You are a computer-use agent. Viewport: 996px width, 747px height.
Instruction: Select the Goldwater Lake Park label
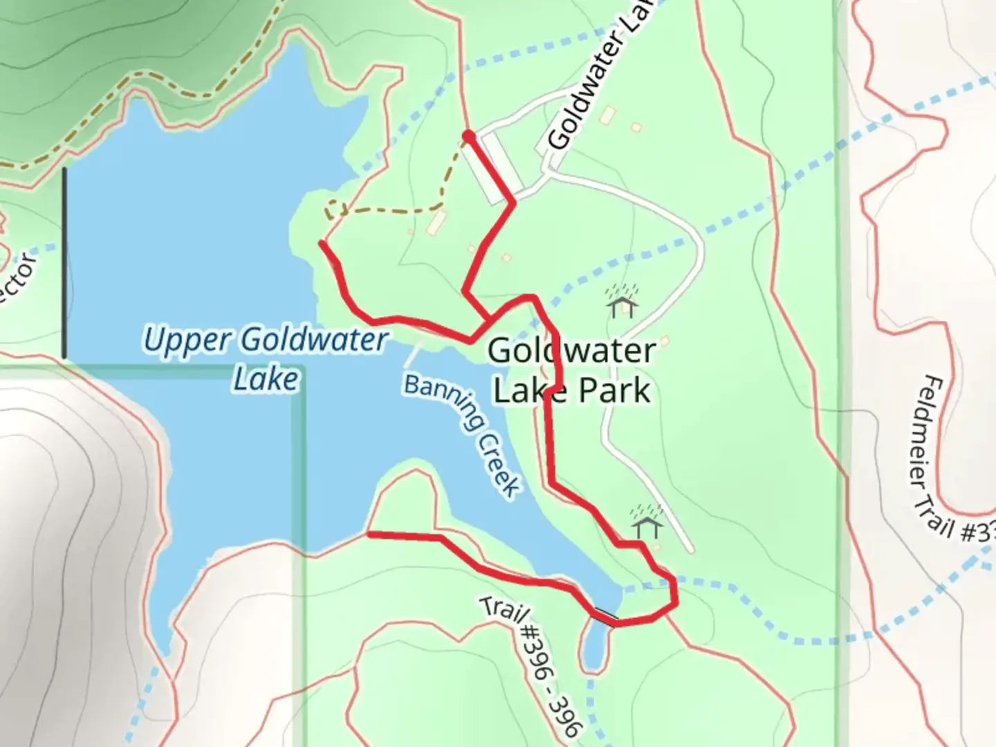pos(571,371)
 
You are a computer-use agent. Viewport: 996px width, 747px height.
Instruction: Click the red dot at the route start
pos(468,136)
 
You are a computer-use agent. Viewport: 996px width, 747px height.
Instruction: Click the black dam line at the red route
pos(605,616)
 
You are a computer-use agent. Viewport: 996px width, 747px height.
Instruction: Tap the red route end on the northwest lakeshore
pos(322,243)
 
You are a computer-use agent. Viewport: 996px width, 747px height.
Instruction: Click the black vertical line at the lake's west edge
pos(64,263)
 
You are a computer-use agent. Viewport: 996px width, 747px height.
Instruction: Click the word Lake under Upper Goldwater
pos(266,379)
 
